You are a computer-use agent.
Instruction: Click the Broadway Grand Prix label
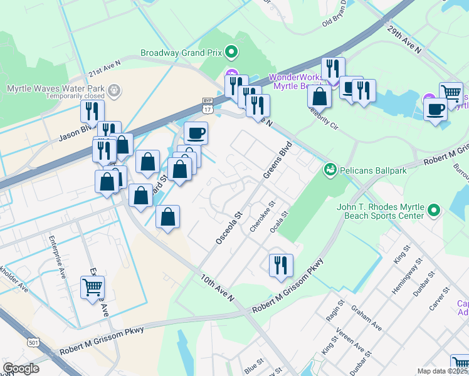181,53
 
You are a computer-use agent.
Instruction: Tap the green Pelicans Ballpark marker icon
329,170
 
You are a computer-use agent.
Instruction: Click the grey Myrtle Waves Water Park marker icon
114,91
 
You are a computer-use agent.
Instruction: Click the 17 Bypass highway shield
208,105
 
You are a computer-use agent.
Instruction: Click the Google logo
21,368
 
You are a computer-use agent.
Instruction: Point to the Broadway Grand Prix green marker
231,53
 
